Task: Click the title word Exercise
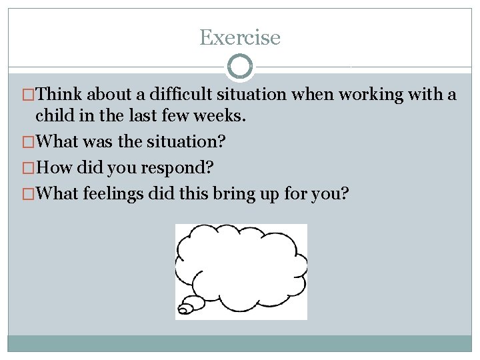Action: [x=240, y=37]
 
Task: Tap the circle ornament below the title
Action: [x=240, y=67]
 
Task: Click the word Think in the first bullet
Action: [x=61, y=95]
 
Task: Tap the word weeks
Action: [x=223, y=116]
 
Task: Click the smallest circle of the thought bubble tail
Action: [x=183, y=311]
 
